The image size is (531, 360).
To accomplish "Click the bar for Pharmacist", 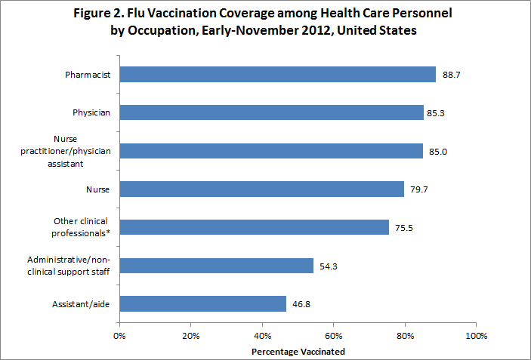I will (x=277, y=74).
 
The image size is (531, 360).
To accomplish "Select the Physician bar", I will (x=271, y=112).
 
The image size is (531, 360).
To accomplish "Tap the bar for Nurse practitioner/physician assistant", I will (x=270, y=151).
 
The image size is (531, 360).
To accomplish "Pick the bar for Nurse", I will (x=261, y=189).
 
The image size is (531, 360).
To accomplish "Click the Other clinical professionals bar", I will (x=254, y=227).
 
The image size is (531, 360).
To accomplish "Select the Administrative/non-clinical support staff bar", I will (x=216, y=266).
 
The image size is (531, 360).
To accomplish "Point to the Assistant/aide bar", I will (x=202, y=303).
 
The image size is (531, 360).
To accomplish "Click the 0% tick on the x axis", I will (x=119, y=334).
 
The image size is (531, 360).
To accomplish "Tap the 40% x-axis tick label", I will (x=262, y=334).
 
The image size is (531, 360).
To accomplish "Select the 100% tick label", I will (x=476, y=334).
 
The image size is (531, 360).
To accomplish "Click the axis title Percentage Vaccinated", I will (x=298, y=351).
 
